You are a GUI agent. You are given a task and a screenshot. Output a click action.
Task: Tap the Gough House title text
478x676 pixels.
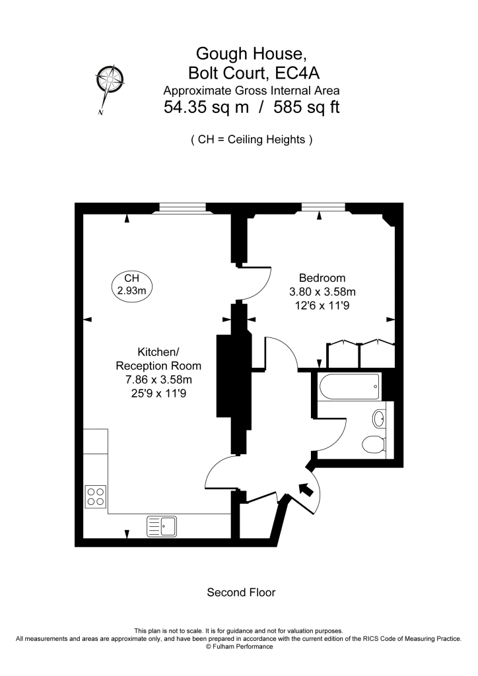[x=252, y=53]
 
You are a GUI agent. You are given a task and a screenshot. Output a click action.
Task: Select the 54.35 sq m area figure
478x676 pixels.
[x=206, y=107]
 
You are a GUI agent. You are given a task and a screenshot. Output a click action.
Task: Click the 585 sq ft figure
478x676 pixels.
[x=306, y=107]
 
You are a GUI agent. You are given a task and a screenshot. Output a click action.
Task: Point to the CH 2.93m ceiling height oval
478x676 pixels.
[x=132, y=285]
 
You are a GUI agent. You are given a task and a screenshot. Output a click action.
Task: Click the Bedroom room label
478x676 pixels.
[x=322, y=278]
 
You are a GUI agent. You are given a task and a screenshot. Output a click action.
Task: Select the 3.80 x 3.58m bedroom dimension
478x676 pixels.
[x=322, y=292]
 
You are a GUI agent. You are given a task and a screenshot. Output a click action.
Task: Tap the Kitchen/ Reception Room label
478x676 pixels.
[x=158, y=358]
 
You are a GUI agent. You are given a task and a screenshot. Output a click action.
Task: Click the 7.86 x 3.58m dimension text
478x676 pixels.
[x=158, y=380]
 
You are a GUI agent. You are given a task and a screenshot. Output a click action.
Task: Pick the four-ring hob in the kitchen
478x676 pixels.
[x=96, y=496]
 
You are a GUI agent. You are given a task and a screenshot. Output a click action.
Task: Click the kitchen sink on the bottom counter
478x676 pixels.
[x=162, y=526]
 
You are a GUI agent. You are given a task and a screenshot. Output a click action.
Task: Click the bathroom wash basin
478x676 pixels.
[x=379, y=419]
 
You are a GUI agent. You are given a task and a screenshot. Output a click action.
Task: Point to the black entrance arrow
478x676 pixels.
[x=306, y=489]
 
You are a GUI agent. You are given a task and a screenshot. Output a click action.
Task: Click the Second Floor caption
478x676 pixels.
[x=241, y=592]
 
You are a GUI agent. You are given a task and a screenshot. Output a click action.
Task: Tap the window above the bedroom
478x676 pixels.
[x=324, y=207]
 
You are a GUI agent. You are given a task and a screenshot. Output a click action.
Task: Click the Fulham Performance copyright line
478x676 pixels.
[x=239, y=646]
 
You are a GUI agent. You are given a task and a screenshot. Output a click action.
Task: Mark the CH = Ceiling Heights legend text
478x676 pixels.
[x=252, y=140]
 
